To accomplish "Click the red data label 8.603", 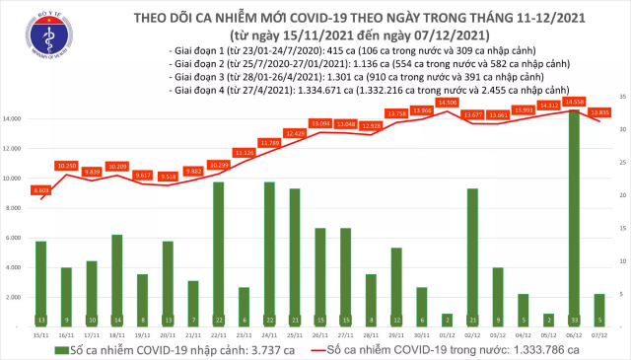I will coord(40,189).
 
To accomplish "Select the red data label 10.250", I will coord(66,165).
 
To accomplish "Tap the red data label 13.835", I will coord(600,112).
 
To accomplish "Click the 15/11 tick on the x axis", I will coord(40,335).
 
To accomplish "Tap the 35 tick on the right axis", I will coord(619,96).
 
